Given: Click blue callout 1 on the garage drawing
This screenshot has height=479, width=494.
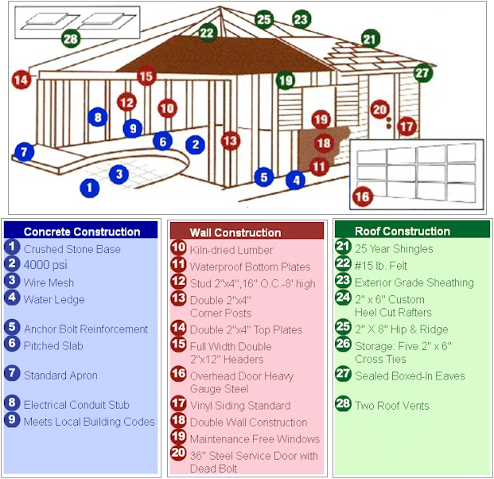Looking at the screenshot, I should (x=90, y=188).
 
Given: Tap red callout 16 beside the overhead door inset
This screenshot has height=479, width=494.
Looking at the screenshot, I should (x=362, y=196).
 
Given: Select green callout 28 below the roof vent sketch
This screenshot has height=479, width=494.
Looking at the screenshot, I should (x=71, y=38).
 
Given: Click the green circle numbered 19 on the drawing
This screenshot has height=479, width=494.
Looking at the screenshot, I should (x=286, y=80).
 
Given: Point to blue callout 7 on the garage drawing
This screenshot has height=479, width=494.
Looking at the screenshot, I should (x=24, y=151).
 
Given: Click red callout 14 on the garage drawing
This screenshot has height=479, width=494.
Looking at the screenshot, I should (x=21, y=80).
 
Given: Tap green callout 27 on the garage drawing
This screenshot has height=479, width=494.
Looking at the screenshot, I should (x=422, y=72).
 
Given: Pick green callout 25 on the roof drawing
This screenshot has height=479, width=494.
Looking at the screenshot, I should (x=264, y=20).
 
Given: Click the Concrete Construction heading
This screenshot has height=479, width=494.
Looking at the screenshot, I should (x=82, y=232).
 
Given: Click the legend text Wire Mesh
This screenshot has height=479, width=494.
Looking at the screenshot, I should (x=49, y=282).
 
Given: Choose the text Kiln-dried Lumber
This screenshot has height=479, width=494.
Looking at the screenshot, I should (x=231, y=250).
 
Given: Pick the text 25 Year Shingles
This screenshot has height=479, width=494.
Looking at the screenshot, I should (x=394, y=249).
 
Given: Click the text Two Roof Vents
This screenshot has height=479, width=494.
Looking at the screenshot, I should (x=391, y=406).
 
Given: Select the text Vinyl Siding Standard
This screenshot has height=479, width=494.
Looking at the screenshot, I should (x=239, y=406).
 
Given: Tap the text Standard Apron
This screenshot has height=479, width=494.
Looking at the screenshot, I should (x=60, y=376).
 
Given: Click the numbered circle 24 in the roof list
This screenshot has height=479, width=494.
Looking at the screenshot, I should (x=343, y=300).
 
